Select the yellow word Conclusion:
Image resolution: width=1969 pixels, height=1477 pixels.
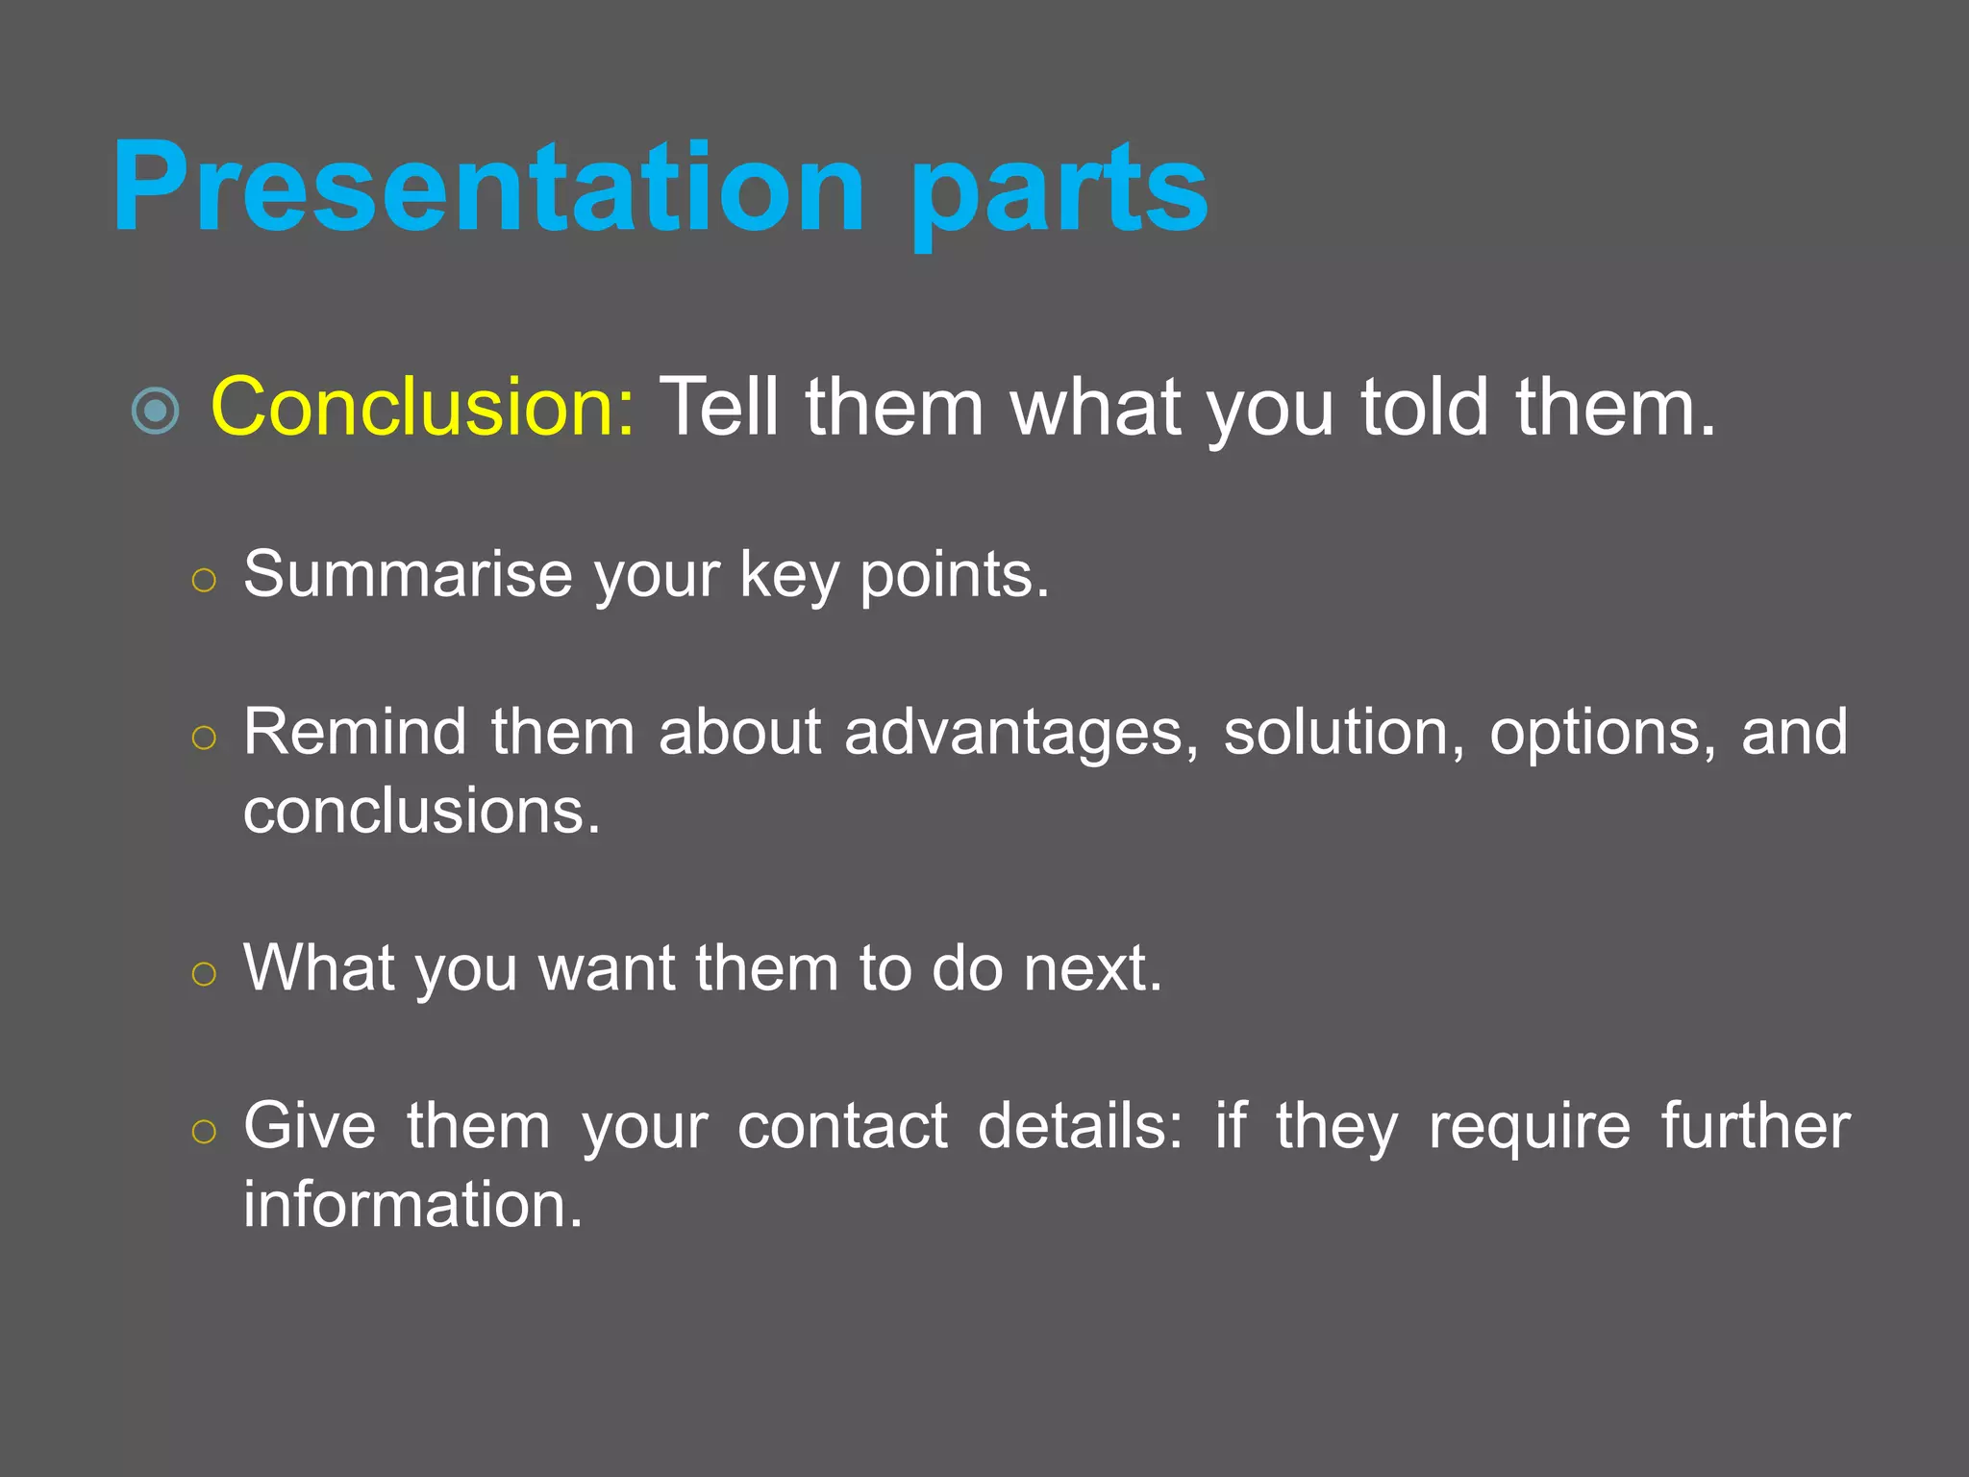pyautogui.click(x=422, y=408)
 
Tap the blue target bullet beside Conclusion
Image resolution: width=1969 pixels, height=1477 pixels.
pyautogui.click(x=155, y=411)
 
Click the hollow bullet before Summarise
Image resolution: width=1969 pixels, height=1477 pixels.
pyautogui.click(x=204, y=581)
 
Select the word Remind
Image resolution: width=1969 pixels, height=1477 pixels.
pyautogui.click(x=354, y=733)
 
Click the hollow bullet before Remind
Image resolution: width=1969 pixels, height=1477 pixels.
pyautogui.click(x=204, y=738)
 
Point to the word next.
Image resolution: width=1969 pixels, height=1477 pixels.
pyautogui.click(x=1092, y=969)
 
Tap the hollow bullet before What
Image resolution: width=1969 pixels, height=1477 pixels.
pyautogui.click(x=204, y=974)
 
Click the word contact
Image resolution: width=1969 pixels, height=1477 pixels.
pyautogui.click(x=842, y=1126)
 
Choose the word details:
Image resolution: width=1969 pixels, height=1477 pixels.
pyautogui.click(x=1080, y=1126)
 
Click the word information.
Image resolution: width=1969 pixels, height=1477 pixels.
pyautogui.click(x=412, y=1205)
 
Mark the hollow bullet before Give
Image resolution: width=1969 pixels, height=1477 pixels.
pyautogui.click(x=204, y=1132)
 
